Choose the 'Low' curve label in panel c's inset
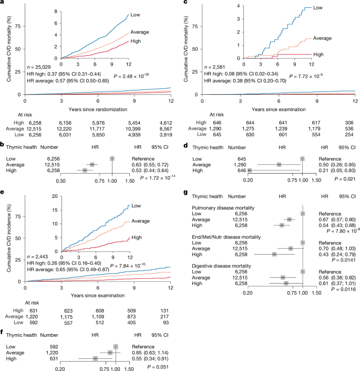[x=317, y=8]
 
